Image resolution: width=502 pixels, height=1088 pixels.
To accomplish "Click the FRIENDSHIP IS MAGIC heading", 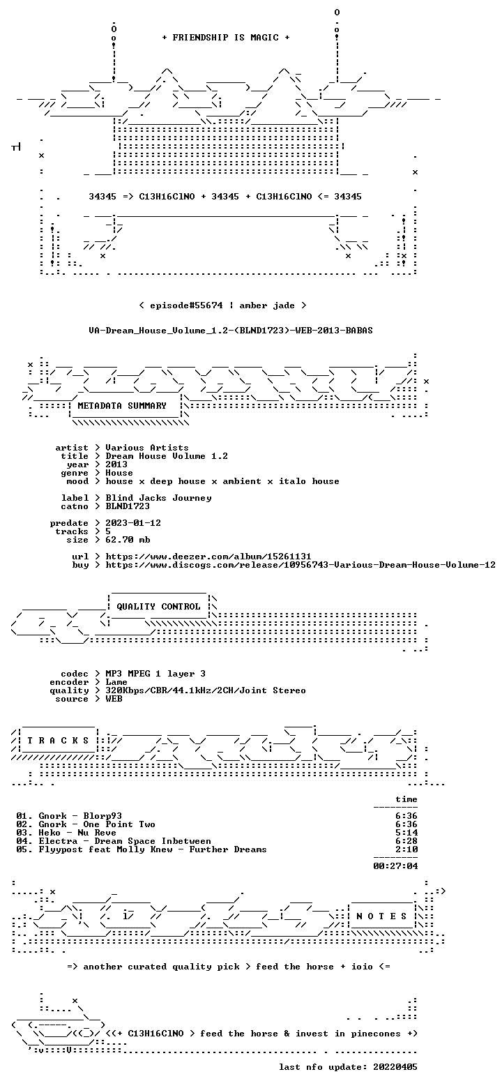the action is (x=226, y=38).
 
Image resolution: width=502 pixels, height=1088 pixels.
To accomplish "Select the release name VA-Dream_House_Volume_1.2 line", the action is (x=231, y=331).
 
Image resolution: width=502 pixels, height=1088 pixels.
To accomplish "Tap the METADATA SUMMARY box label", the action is (x=122, y=406).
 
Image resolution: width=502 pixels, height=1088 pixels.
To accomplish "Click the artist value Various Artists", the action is (x=147, y=448).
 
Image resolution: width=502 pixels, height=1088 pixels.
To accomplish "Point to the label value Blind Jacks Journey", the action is (x=158, y=498).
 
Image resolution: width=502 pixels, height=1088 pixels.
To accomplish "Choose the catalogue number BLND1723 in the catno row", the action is (x=128, y=506).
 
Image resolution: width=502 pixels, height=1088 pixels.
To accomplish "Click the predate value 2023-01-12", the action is (x=133, y=523).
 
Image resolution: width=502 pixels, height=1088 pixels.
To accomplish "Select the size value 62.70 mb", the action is (x=128, y=540).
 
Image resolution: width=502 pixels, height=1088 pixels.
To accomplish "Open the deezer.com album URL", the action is (x=208, y=557).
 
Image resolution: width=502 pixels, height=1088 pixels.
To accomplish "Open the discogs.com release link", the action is (x=301, y=565).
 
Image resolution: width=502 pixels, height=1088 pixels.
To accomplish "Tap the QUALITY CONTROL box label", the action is (x=158, y=607).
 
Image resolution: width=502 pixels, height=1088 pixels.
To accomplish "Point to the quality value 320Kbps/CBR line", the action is (x=206, y=690).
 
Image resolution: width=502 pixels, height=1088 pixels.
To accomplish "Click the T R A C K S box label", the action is (x=59, y=741).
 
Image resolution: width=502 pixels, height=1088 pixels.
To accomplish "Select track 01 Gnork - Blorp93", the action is (x=69, y=816).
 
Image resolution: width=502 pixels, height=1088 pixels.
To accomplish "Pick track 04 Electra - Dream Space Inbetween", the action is (x=114, y=841).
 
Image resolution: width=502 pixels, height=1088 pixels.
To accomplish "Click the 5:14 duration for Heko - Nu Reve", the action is (x=406, y=833).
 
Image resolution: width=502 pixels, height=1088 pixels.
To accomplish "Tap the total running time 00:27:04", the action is (x=395, y=866).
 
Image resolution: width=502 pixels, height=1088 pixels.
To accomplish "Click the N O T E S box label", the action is (x=381, y=916).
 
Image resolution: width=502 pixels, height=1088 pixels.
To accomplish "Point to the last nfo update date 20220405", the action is (x=395, y=1067).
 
